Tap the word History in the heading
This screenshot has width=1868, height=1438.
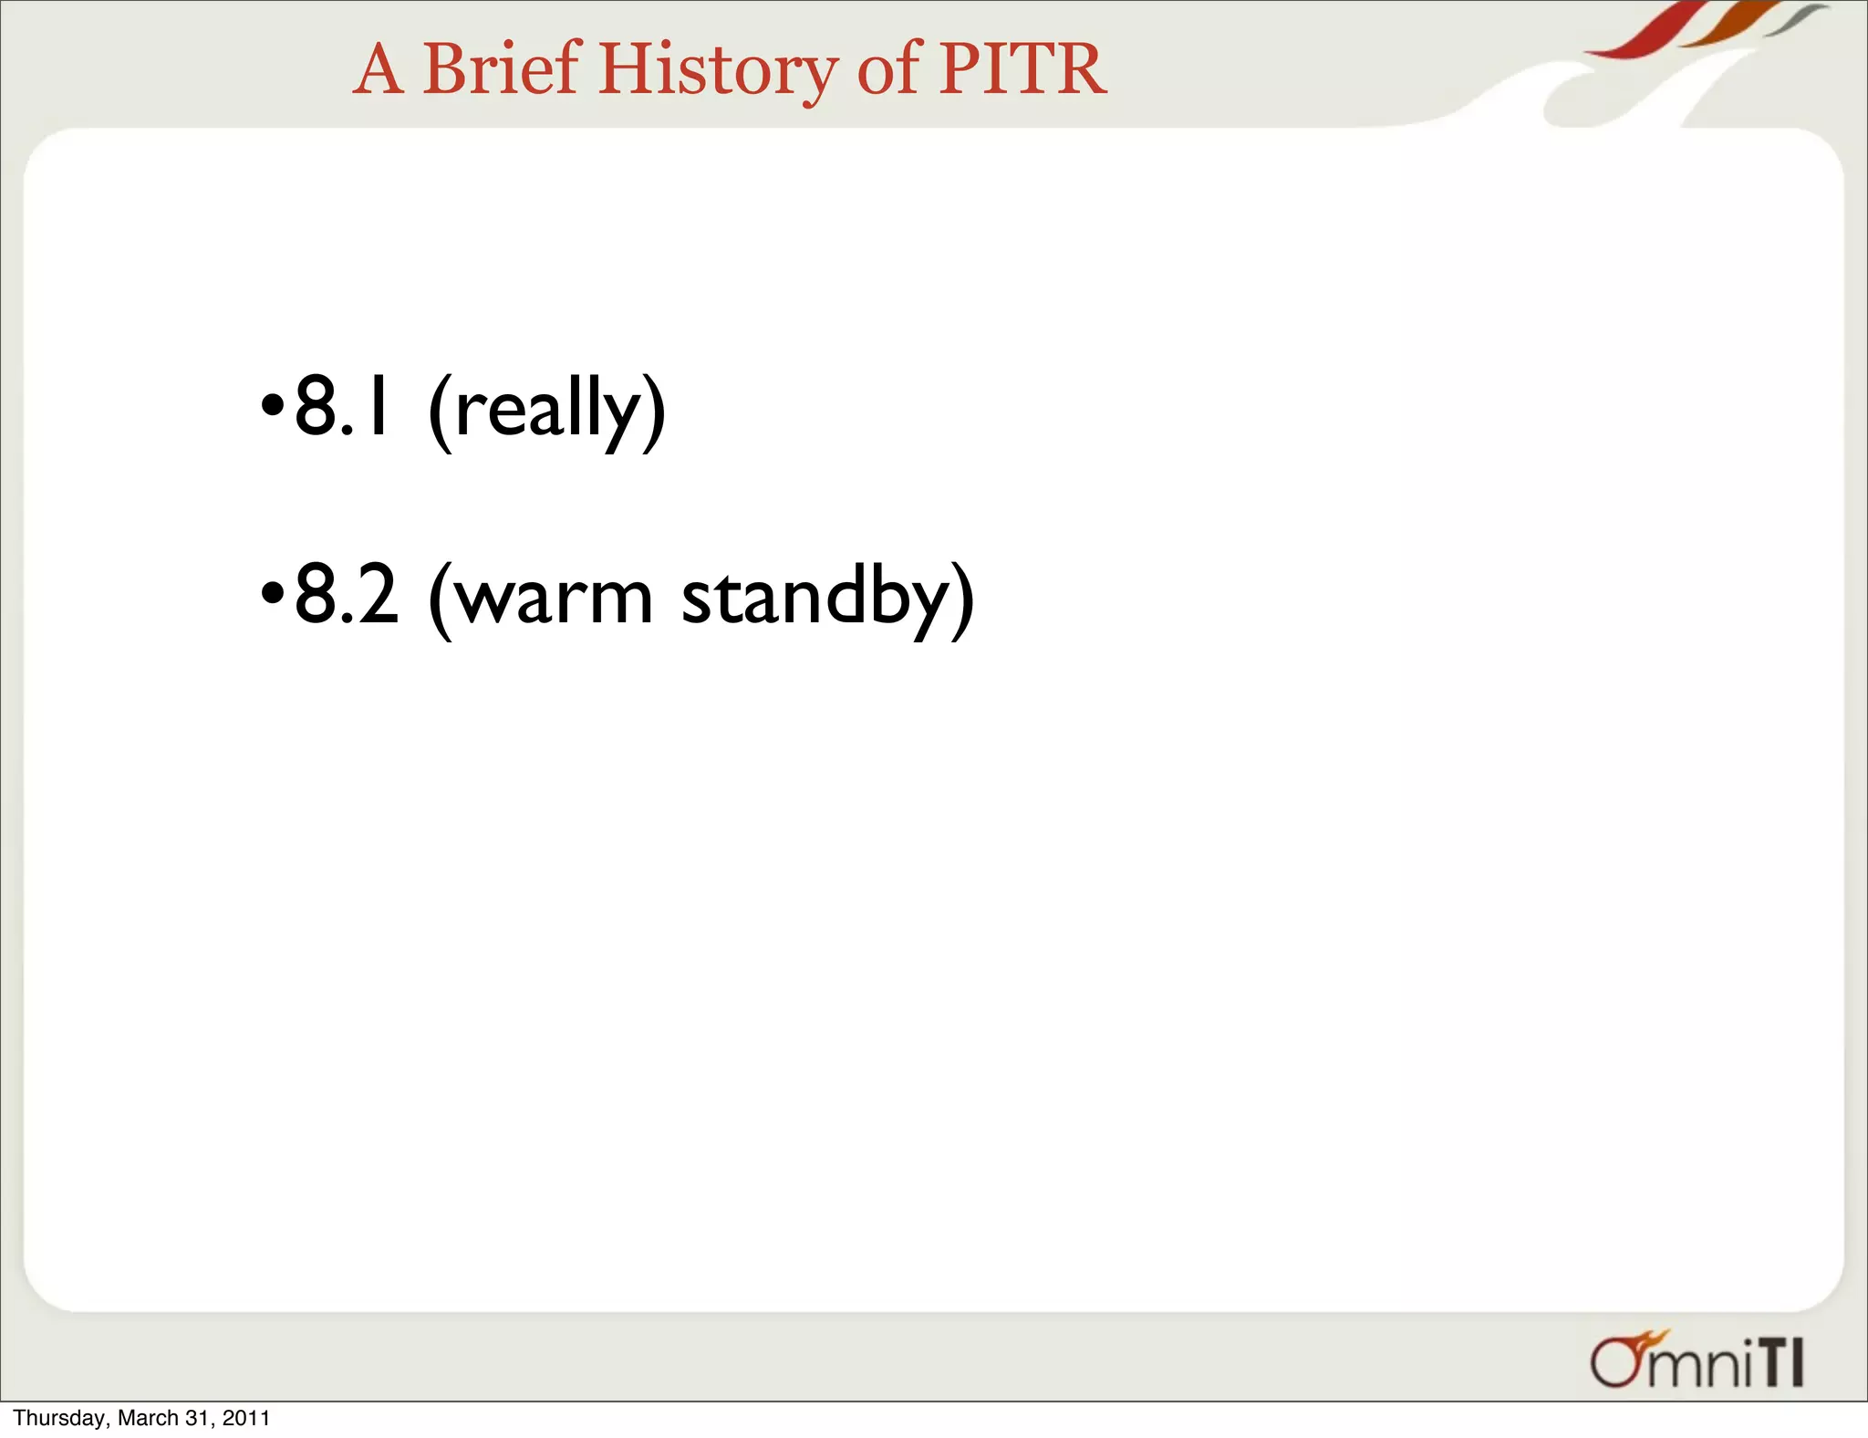(718, 70)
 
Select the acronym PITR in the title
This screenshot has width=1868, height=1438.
(1022, 68)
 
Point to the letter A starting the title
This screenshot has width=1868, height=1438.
(378, 70)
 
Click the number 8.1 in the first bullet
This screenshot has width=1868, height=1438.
(343, 408)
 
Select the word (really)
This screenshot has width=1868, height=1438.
(546, 411)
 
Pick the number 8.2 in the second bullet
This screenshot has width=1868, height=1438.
(347, 596)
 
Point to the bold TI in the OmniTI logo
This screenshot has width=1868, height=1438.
(1780, 1364)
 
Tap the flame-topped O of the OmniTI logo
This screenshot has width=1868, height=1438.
(1618, 1360)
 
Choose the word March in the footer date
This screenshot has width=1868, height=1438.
(148, 1418)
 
